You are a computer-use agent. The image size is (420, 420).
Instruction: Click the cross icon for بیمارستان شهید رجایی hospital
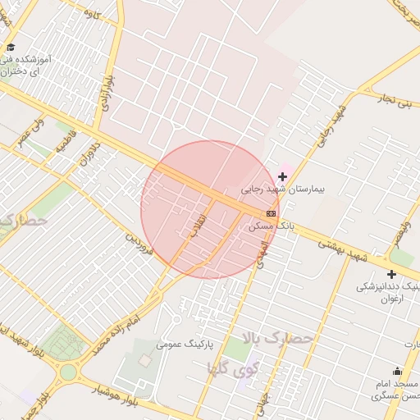283,176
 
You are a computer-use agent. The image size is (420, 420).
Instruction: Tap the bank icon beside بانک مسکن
272,213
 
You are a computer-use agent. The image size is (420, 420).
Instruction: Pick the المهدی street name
261,253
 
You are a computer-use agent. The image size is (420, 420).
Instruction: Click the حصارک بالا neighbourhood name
277,337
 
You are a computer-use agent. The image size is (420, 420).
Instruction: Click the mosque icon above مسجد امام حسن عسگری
398,372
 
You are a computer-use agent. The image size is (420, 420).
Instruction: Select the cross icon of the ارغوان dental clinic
391,274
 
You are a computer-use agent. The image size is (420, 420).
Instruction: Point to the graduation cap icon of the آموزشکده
10,47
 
